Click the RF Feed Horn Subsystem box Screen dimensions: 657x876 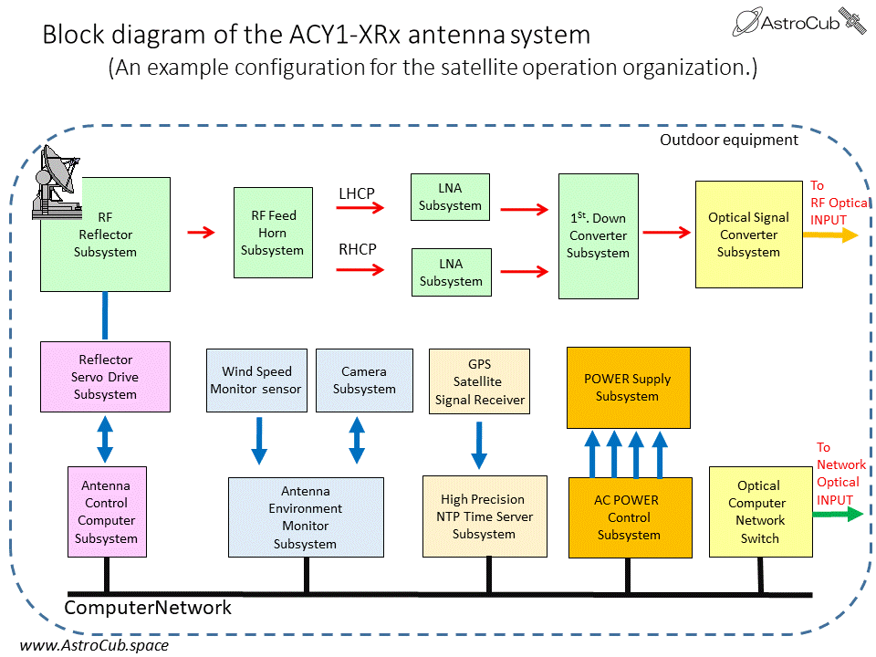[x=272, y=233]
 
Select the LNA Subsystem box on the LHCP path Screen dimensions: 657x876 [x=451, y=197]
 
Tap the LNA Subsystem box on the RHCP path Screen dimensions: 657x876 [x=451, y=272]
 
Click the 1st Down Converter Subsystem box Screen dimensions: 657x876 [x=598, y=235]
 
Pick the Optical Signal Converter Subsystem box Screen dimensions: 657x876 [x=748, y=235]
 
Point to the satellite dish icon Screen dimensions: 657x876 [x=57, y=182]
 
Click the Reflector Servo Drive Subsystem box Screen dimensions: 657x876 [x=106, y=377]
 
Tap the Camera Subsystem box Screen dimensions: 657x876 [x=364, y=380]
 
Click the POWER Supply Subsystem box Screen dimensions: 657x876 [x=627, y=387]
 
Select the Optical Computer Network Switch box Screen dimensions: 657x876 [x=759, y=512]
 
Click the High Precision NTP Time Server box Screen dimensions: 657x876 [x=484, y=516]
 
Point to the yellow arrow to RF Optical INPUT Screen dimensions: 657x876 [x=830, y=235]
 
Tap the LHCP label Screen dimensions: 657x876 [x=357, y=193]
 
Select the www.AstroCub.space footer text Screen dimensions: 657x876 [x=94, y=645]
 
